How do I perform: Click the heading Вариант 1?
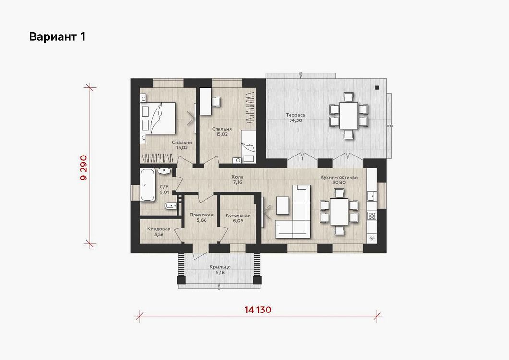(57, 36)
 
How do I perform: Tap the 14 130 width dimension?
(258, 310)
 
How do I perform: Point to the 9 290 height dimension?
(84, 168)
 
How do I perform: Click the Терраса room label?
(295, 115)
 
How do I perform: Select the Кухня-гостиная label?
(339, 177)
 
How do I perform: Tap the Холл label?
(237, 177)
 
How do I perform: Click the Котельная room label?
(238, 216)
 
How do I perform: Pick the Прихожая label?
(202, 215)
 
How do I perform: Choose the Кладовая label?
(159, 229)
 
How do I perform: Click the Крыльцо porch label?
(220, 267)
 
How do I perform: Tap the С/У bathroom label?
(164, 187)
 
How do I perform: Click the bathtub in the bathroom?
(148, 185)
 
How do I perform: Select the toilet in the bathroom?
(171, 206)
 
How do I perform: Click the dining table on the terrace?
(349, 116)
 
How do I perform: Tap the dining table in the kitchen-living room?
(339, 212)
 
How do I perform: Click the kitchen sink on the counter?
(372, 196)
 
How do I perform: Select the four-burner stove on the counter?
(372, 216)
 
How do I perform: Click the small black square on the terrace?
(377, 87)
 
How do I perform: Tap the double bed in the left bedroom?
(158, 118)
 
